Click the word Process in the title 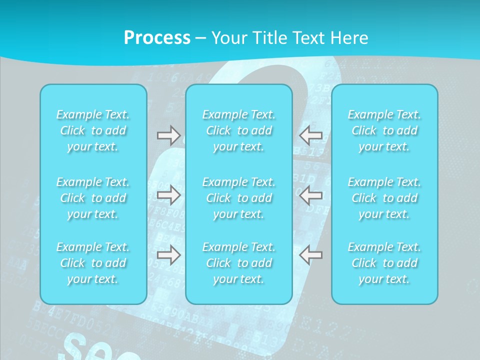click(x=157, y=38)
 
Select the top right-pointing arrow click(x=168, y=134)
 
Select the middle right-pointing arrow click(x=168, y=195)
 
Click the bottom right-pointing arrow click(x=168, y=255)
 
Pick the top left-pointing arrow click(x=311, y=134)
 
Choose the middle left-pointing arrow click(x=311, y=195)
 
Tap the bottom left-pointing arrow click(x=311, y=255)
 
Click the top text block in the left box click(x=93, y=130)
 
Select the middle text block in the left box click(x=93, y=198)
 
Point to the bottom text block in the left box click(x=93, y=263)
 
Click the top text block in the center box click(x=239, y=130)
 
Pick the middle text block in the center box click(x=239, y=198)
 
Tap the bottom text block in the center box click(x=239, y=263)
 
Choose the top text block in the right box click(x=384, y=130)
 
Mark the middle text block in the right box click(x=384, y=198)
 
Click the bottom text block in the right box click(x=384, y=263)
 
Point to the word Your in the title click(x=227, y=38)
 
